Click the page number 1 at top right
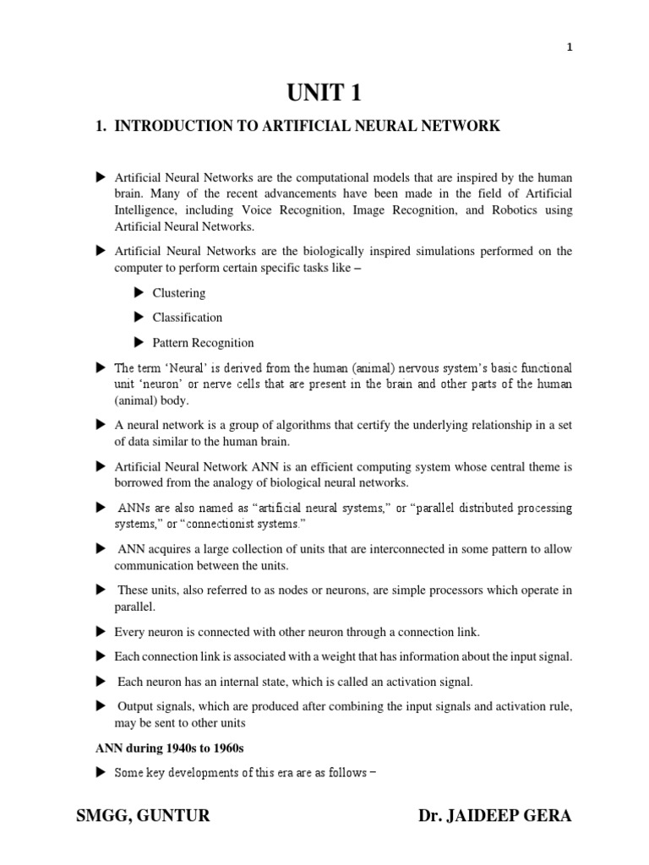tap(569, 47)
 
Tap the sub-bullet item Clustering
tap(178, 293)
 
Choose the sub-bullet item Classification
tap(187, 318)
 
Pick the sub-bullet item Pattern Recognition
tap(203, 343)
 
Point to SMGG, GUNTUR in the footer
tap(143, 816)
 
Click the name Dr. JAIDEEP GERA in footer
tap(494, 816)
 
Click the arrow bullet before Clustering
tap(139, 293)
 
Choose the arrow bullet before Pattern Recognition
tap(139, 343)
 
